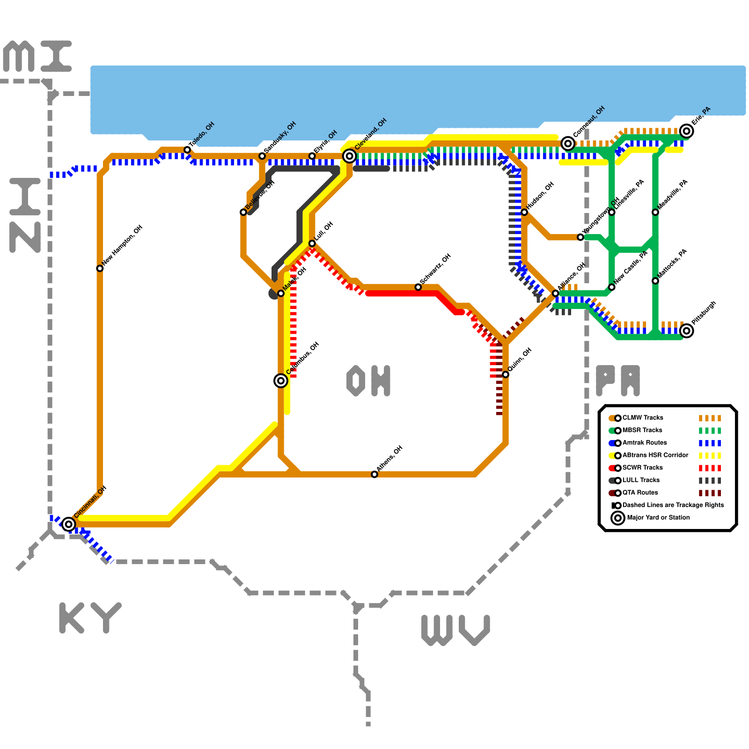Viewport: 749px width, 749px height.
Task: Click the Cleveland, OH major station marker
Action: click(349, 156)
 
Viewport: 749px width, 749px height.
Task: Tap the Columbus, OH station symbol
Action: click(281, 381)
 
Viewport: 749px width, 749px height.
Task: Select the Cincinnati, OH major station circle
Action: click(69, 524)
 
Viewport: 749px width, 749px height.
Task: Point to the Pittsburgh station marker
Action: click(687, 331)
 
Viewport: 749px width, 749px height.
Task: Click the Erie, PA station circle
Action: click(687, 131)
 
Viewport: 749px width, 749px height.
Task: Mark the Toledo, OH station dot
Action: click(187, 150)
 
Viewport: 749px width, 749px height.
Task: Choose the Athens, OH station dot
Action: click(374, 474)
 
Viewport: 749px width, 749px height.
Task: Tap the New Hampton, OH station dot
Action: click(100, 268)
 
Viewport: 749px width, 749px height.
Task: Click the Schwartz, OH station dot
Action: click(418, 287)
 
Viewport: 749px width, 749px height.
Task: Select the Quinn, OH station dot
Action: click(506, 374)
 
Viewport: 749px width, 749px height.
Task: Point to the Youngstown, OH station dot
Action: click(580, 237)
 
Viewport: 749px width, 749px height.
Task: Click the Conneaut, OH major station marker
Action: click(568, 144)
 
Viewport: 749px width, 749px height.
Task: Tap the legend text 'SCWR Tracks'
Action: click(642, 468)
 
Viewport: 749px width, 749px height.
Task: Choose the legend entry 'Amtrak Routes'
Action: click(645, 442)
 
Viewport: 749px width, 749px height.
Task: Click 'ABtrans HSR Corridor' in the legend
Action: click(655, 455)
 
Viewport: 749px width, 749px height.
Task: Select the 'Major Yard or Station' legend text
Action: click(658, 517)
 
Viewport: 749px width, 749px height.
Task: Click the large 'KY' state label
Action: click(90, 618)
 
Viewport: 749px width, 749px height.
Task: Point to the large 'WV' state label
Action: click(455, 630)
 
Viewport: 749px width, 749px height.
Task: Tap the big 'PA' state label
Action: click(618, 380)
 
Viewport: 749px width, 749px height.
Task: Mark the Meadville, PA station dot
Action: click(655, 212)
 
